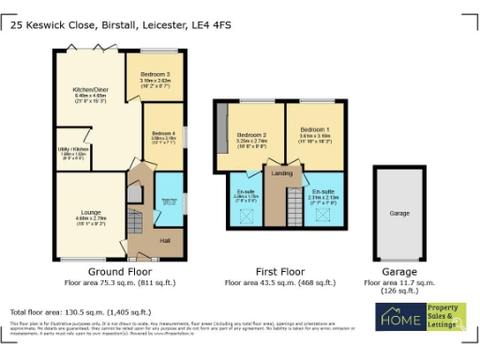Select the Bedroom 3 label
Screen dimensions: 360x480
(x=155, y=74)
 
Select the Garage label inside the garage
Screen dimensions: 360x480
(x=399, y=213)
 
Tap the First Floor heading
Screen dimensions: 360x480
(x=279, y=270)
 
